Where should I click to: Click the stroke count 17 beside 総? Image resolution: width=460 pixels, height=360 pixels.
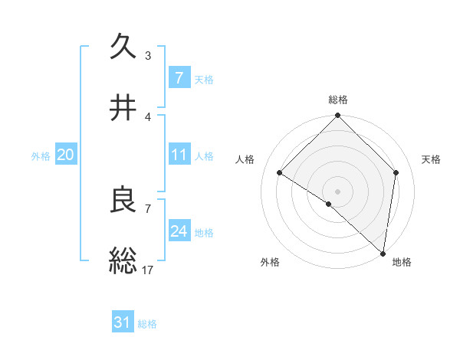point(148,270)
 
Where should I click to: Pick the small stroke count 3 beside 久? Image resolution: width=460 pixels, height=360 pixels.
point(148,55)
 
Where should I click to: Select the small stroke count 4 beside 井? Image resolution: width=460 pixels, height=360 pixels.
point(148,116)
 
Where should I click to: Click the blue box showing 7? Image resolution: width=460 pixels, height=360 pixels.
point(179,78)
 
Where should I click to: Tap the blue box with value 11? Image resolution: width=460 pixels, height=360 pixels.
point(179,155)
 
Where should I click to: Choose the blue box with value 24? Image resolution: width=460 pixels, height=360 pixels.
point(179,231)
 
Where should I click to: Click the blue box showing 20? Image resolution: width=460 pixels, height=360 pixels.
point(65,155)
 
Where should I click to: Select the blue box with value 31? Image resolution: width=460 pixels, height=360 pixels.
point(123,323)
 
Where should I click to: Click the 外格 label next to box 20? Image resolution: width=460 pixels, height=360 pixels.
point(41,155)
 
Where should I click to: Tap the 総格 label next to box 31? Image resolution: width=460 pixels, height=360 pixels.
point(147,324)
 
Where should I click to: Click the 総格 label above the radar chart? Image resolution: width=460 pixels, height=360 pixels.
point(337,100)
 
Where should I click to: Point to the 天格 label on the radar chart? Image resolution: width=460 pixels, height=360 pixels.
point(432,159)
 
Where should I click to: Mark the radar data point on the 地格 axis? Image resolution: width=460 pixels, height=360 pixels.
point(383,253)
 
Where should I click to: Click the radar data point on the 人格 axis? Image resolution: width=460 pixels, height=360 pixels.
point(280,173)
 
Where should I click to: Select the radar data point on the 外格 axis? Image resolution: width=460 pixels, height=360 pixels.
point(329,204)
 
